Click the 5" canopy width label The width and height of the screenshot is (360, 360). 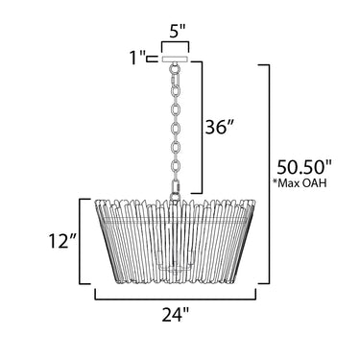175,32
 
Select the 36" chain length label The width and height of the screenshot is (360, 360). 218,128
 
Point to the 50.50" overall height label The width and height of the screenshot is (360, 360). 303,166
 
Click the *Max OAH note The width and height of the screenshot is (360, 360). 299,182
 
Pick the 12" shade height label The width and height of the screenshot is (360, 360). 63,240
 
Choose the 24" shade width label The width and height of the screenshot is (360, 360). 175,315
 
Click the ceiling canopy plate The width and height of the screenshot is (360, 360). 176,60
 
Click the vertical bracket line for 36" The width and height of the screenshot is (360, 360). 202,128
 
